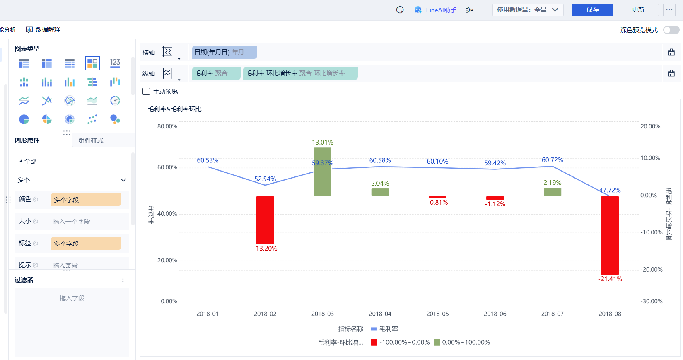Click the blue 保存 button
point(592,10)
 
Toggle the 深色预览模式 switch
point(671,30)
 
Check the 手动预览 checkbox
point(146,92)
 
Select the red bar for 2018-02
point(265,220)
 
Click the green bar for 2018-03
point(323,172)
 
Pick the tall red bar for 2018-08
point(610,235)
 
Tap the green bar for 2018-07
point(552,192)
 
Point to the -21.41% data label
point(610,279)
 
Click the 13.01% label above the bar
point(323,143)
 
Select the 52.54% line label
point(265,179)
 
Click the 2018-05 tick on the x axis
point(437,314)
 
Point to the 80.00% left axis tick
point(167,126)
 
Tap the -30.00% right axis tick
point(652,301)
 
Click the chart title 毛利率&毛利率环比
point(175,109)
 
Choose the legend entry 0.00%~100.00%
point(462,342)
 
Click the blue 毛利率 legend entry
point(385,329)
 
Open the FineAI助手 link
point(436,10)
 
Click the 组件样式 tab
point(91,140)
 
